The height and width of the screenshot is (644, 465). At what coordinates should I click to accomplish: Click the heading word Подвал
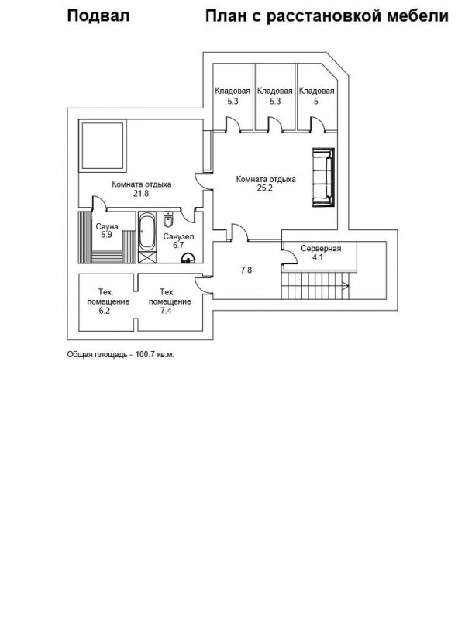click(x=98, y=16)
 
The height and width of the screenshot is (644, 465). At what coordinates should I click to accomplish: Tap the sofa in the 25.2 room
click(x=323, y=177)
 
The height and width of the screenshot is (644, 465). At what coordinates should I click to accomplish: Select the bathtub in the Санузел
click(x=147, y=231)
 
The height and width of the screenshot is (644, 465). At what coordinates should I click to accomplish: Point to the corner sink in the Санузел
click(x=189, y=258)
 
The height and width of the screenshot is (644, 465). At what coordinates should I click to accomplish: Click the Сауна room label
click(x=107, y=227)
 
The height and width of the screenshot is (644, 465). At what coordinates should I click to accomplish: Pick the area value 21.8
click(x=141, y=194)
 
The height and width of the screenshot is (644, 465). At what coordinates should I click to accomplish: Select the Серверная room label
click(x=321, y=249)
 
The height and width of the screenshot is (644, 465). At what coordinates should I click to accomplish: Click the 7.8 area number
click(x=246, y=270)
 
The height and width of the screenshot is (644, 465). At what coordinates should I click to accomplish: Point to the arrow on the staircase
click(x=345, y=286)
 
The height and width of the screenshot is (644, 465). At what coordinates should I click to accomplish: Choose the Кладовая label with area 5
click(x=316, y=91)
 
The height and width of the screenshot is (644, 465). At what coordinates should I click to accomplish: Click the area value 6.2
click(x=104, y=311)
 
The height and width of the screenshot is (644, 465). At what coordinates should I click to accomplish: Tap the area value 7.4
click(x=166, y=311)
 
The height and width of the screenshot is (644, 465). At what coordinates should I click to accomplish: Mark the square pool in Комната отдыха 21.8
click(x=103, y=146)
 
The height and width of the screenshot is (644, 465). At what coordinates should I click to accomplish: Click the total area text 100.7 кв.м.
click(x=154, y=354)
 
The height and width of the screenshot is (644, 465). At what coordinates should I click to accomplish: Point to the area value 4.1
click(x=318, y=257)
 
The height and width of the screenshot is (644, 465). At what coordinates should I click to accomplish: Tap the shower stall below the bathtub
click(x=147, y=257)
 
